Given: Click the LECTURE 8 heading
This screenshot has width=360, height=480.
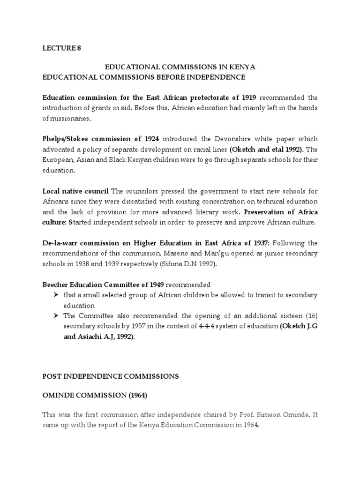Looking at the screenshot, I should click(x=59, y=49).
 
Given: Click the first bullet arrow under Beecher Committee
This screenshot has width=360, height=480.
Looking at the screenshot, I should click(x=56, y=295).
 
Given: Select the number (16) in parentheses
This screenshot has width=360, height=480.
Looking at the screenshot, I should click(x=310, y=316).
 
